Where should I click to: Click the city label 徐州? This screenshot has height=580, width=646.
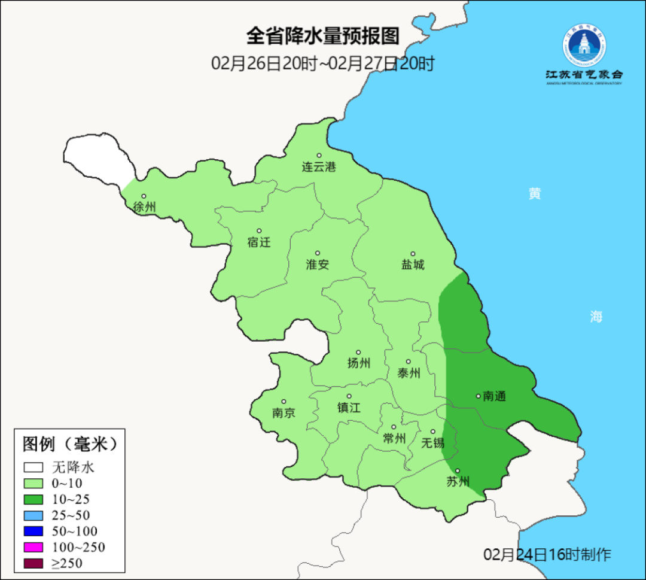point(144,208)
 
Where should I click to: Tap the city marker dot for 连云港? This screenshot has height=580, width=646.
point(319,155)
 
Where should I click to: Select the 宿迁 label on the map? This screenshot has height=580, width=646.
point(259,242)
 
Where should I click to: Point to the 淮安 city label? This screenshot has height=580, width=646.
point(318,265)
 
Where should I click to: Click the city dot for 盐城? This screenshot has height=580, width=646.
point(413,254)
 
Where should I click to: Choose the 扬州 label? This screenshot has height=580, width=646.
point(359,363)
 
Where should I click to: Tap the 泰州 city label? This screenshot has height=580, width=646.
point(409,373)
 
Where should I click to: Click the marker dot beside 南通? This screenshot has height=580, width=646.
point(478,396)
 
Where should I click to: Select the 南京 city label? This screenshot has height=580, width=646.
point(284,413)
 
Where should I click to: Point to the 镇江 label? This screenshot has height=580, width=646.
point(349,408)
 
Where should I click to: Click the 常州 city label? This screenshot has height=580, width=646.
point(394,438)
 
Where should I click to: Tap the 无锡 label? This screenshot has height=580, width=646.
point(432,443)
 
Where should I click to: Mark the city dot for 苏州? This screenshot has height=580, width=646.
point(458,471)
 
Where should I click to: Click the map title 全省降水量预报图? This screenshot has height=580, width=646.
point(322,36)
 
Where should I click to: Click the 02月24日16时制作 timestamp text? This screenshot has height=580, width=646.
point(547,554)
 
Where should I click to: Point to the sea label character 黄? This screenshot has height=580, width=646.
point(535,193)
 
